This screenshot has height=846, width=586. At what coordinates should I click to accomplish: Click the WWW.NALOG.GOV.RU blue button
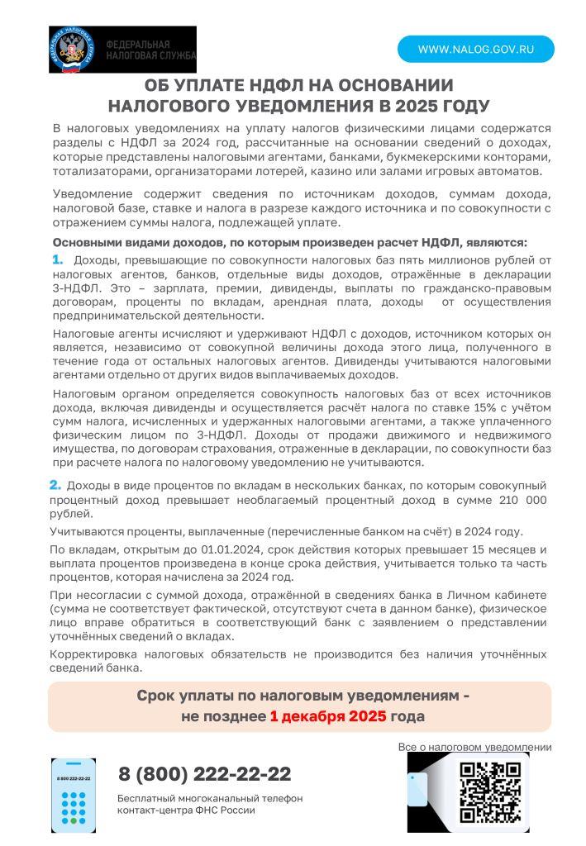point(475,50)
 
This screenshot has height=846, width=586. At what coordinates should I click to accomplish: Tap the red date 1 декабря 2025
point(327,716)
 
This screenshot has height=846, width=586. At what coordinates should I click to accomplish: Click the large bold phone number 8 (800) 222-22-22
point(204,774)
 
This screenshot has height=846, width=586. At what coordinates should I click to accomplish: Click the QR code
point(490,791)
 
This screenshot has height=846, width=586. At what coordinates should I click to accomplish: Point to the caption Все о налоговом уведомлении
point(474,747)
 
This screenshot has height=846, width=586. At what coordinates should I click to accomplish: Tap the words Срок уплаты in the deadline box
point(179,696)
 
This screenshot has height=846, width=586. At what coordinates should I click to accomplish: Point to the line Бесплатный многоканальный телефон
point(210,798)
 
